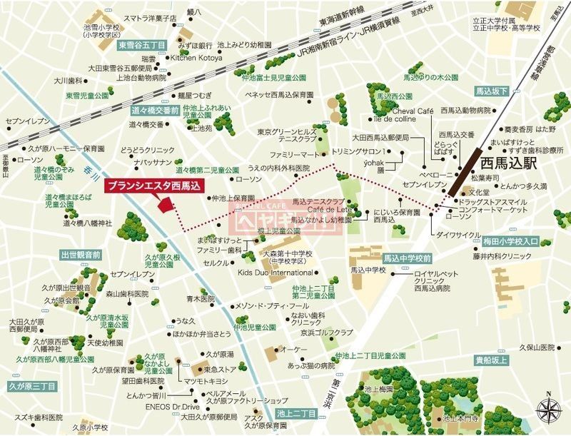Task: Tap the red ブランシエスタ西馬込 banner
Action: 155,186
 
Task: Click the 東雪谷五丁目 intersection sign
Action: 141,45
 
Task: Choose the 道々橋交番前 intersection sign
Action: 155,111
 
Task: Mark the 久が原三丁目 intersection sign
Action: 31,386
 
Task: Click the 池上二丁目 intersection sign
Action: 297,412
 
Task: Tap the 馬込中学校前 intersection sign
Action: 407,258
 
